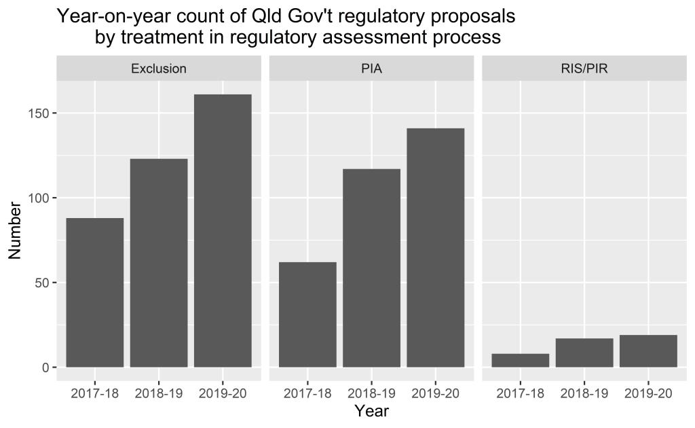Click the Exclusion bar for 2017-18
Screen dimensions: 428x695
point(95,293)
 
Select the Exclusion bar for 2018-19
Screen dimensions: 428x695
point(159,263)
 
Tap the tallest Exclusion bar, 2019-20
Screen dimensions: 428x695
point(223,231)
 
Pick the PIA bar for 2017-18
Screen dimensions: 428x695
point(307,315)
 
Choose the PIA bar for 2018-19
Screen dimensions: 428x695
point(371,268)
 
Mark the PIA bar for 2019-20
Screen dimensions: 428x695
point(435,247)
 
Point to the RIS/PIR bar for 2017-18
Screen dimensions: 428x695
point(520,360)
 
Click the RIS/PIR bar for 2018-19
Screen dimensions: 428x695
point(584,353)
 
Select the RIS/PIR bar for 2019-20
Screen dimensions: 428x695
point(648,351)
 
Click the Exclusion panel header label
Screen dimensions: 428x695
point(159,69)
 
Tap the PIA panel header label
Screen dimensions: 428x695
point(371,69)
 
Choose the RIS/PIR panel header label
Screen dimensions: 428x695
point(584,69)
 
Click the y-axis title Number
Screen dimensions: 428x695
point(15,231)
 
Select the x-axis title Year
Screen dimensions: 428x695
point(371,412)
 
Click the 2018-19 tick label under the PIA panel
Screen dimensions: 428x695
point(371,393)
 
